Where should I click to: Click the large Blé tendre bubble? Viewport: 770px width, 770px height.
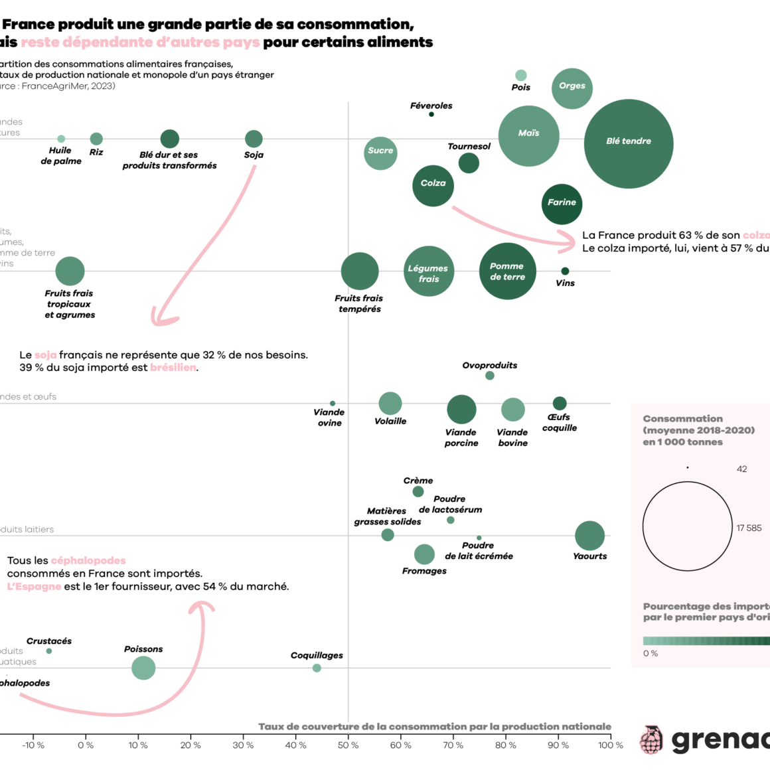pyautogui.click(x=629, y=143)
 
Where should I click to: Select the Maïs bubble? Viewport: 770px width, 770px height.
pyautogui.click(x=528, y=135)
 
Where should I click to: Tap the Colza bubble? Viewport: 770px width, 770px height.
pyautogui.click(x=433, y=186)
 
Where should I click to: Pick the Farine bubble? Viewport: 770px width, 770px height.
pyautogui.click(x=562, y=204)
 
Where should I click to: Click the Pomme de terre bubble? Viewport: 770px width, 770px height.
pyautogui.click(x=507, y=271)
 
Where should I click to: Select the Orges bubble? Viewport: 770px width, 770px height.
pyautogui.click(x=572, y=88)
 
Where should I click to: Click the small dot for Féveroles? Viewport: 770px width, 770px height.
pyautogui.click(x=431, y=114)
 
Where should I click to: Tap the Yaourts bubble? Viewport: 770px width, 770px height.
pyautogui.click(x=589, y=536)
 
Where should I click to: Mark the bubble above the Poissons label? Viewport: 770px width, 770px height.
pyautogui.click(x=143, y=667)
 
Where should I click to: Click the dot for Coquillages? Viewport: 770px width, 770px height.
pyautogui.click(x=317, y=668)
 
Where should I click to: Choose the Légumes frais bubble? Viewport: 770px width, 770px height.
pyautogui.click(x=429, y=271)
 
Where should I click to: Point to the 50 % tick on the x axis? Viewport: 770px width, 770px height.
pyautogui.click(x=348, y=745)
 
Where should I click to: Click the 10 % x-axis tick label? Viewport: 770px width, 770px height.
pyautogui.click(x=138, y=745)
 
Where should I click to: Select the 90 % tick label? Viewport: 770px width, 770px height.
pyautogui.click(x=558, y=745)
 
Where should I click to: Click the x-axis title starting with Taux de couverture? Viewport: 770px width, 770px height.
pyautogui.click(x=434, y=727)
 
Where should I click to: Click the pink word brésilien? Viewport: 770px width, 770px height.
pyautogui.click(x=173, y=368)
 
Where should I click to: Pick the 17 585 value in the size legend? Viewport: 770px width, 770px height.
pyautogui.click(x=749, y=528)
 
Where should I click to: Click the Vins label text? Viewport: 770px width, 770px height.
pyautogui.click(x=565, y=283)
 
